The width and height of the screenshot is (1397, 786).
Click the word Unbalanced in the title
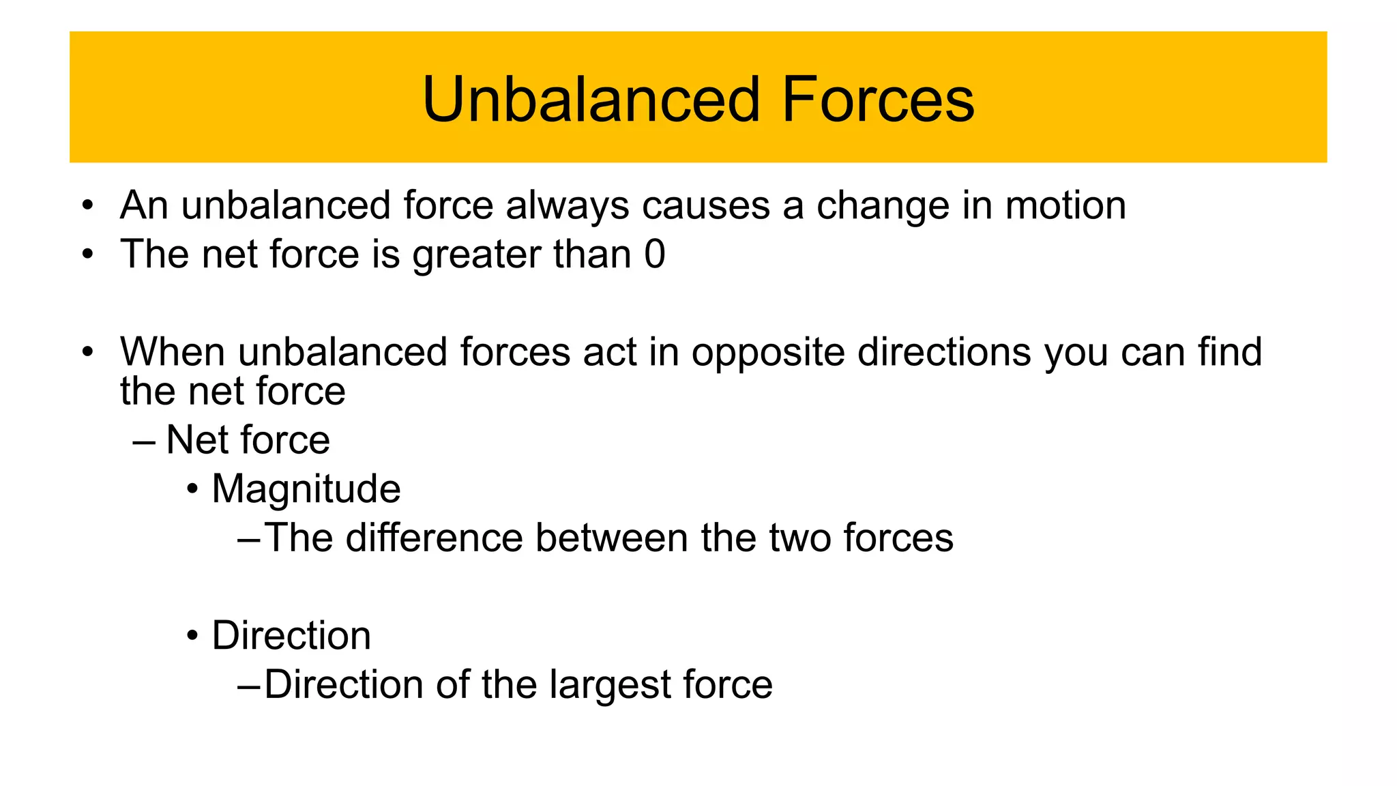pyautogui.click(x=591, y=100)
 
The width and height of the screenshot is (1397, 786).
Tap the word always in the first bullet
pyautogui.click(x=567, y=205)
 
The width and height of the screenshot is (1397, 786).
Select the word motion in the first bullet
pyautogui.click(x=1065, y=205)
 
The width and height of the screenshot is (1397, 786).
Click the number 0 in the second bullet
pyautogui.click(x=654, y=254)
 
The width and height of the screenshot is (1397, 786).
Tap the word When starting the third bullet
pyautogui.click(x=173, y=352)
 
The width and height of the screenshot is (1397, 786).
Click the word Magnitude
pyautogui.click(x=306, y=490)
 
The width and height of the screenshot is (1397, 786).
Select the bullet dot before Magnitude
pyautogui.click(x=193, y=490)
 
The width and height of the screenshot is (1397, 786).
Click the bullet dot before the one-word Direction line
pyautogui.click(x=193, y=637)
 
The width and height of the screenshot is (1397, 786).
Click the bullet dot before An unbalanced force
pyautogui.click(x=87, y=205)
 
